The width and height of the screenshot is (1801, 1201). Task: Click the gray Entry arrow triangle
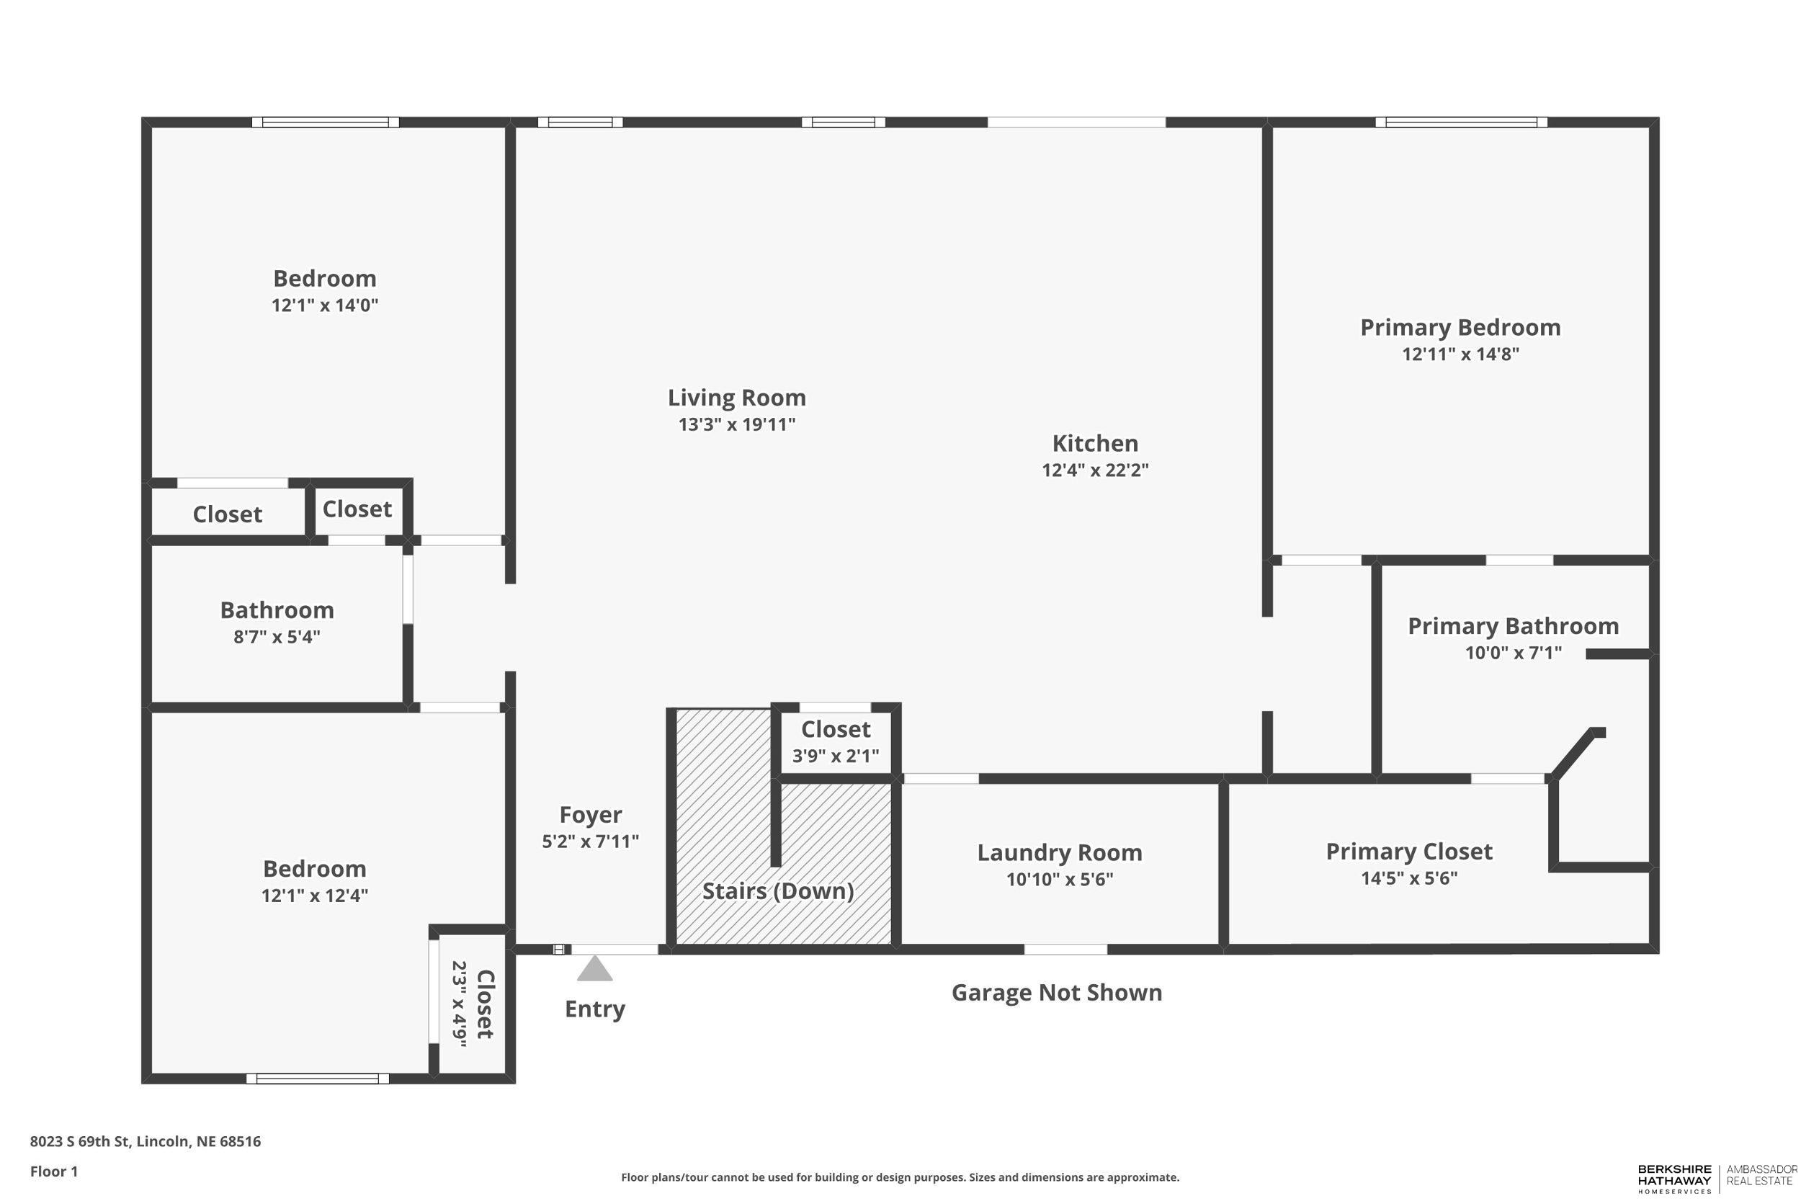click(x=594, y=968)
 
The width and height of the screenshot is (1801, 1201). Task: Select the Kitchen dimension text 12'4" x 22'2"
click(x=1094, y=470)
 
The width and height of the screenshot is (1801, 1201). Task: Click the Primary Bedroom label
click(x=1460, y=327)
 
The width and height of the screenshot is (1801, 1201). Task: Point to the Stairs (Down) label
click(x=777, y=890)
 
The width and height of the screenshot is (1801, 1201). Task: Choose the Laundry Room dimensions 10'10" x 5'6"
click(x=1059, y=878)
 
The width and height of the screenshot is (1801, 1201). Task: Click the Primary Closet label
click(x=1408, y=851)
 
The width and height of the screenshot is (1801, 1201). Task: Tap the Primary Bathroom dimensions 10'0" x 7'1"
click(x=1512, y=653)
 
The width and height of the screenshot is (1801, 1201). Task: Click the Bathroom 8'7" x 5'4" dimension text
click(x=277, y=636)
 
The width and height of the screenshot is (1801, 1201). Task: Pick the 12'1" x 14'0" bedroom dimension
click(x=325, y=305)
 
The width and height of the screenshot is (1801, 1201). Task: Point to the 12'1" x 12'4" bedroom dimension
click(x=314, y=895)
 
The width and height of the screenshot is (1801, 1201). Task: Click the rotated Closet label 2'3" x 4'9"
click(x=484, y=1004)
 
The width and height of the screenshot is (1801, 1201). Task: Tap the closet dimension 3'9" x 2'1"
click(x=835, y=756)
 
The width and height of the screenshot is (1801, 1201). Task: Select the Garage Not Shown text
click(x=1056, y=993)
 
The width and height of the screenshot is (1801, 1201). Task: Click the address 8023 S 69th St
click(x=145, y=1141)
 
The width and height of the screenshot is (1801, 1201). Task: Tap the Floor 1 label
click(x=53, y=1171)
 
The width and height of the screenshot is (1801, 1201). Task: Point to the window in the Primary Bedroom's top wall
click(x=1460, y=122)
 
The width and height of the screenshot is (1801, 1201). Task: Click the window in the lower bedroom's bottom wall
click(x=317, y=1079)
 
